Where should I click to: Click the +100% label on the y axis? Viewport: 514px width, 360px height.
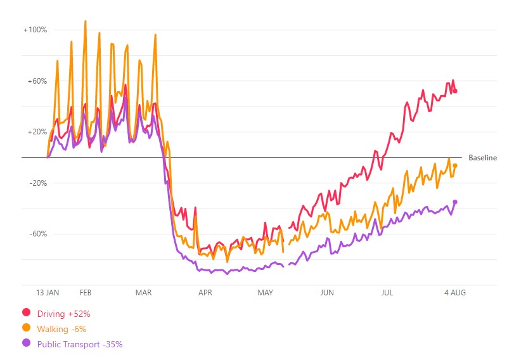(35, 30)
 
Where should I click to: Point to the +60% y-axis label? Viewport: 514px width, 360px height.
(37, 81)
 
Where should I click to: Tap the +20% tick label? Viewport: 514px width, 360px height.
(37, 132)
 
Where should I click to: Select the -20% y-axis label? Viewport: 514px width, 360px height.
(38, 183)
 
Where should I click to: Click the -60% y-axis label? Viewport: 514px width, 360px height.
(38, 234)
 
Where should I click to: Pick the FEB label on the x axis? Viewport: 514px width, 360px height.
(85, 293)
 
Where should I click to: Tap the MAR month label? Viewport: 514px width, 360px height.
(144, 293)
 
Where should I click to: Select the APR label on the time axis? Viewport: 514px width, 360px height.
(205, 293)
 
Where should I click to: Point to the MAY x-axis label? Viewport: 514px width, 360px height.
(265, 293)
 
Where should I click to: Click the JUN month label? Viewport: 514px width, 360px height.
(326, 293)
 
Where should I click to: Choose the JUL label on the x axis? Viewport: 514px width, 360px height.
(387, 293)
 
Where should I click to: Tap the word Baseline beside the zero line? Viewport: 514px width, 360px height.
(482, 158)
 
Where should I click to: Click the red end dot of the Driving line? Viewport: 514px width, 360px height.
(455, 91)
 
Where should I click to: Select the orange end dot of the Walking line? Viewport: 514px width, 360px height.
(455, 165)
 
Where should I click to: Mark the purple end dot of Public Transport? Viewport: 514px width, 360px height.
(455, 202)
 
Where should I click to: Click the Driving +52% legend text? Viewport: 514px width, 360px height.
(64, 313)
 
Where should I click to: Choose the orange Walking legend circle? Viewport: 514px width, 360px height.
(27, 328)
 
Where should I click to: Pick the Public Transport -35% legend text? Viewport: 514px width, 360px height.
(80, 344)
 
